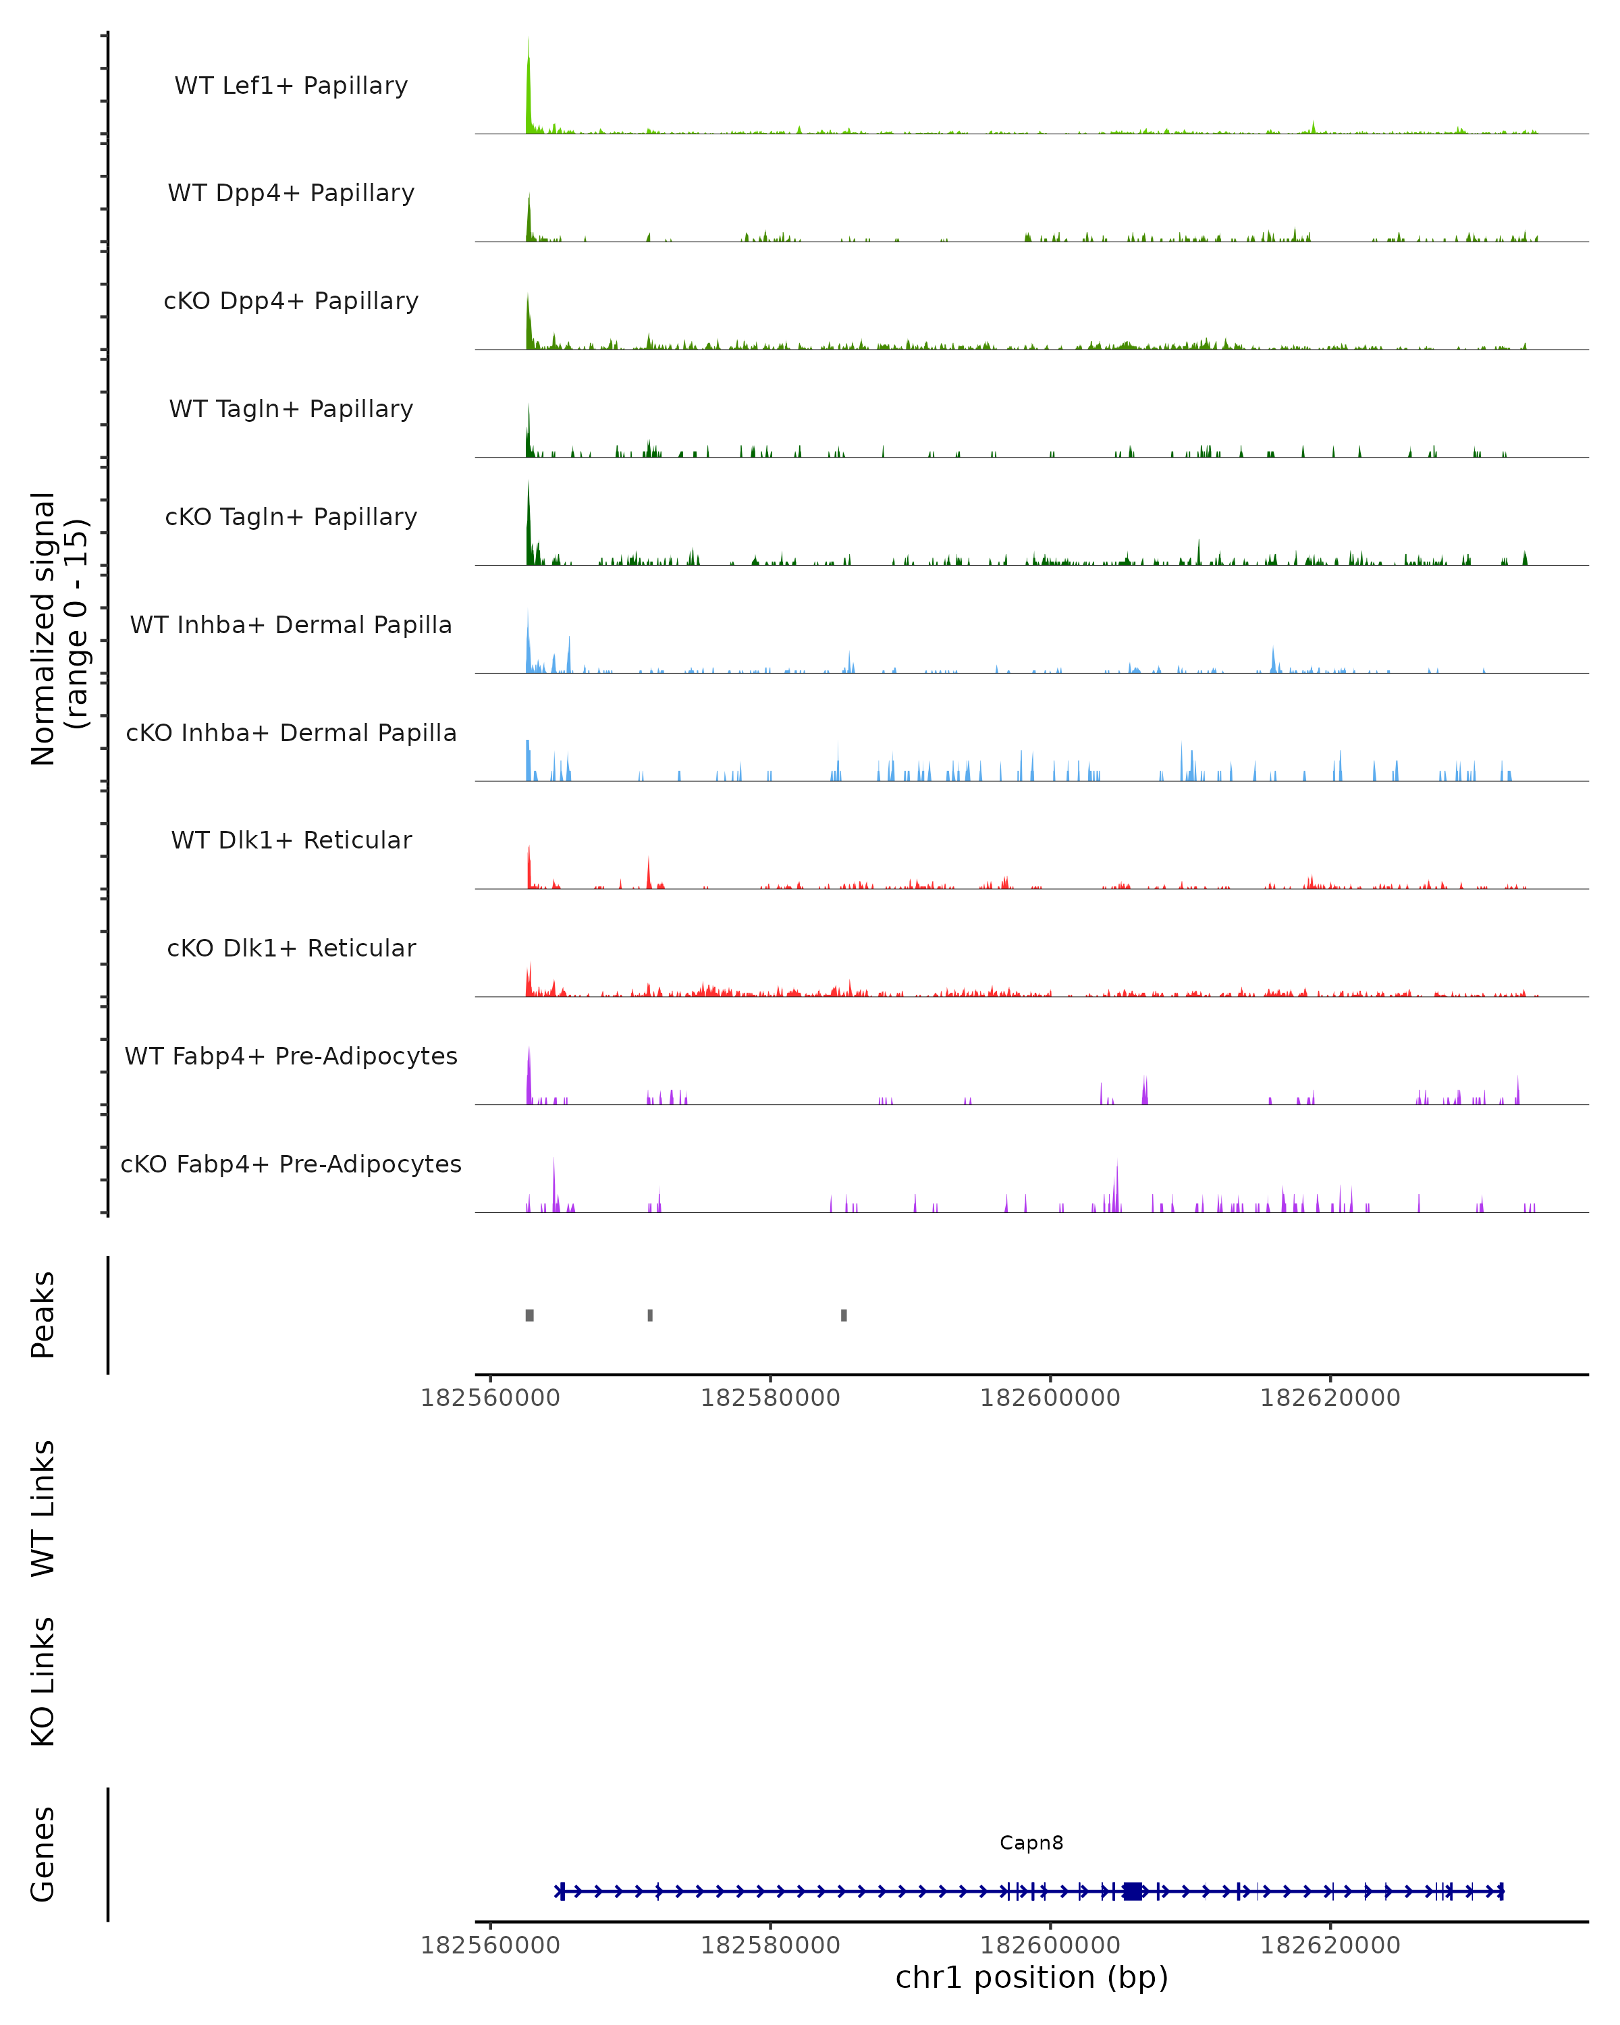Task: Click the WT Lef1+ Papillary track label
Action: [291, 86]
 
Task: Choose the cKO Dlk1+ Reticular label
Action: [291, 948]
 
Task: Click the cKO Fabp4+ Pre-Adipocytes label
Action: [291, 1164]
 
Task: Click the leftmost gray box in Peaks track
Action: [530, 1315]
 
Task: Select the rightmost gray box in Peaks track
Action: [844, 1315]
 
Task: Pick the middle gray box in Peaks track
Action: [650, 1315]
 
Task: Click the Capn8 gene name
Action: [1031, 1843]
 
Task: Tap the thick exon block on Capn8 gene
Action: [1133, 1891]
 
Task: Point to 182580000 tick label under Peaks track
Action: [770, 1399]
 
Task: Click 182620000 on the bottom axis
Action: [1330, 1946]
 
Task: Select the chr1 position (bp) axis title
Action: [1031, 1978]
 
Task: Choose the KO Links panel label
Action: [43, 1682]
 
